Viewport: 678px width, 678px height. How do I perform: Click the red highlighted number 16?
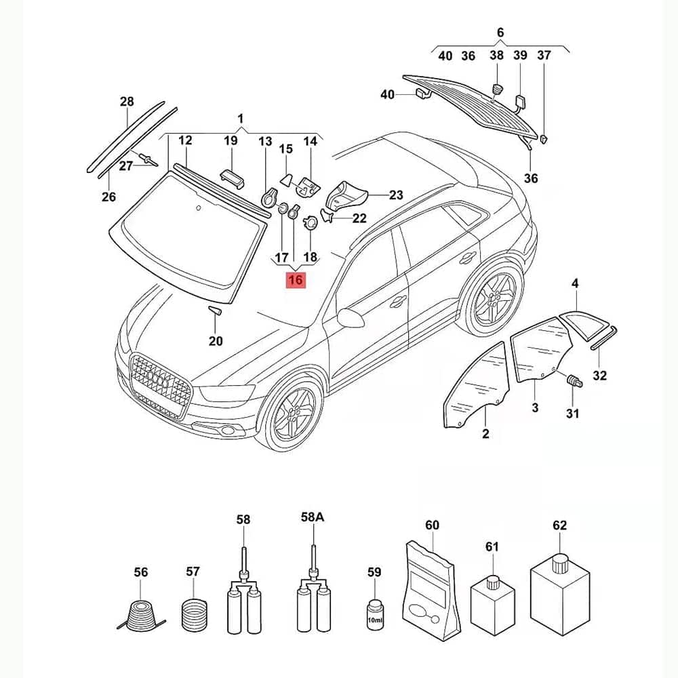click(x=296, y=280)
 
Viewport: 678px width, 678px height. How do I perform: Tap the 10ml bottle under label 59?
click(x=374, y=614)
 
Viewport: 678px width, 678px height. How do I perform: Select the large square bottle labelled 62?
click(x=560, y=594)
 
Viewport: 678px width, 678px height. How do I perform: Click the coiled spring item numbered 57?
click(x=194, y=614)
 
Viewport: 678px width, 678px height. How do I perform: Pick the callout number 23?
click(x=396, y=195)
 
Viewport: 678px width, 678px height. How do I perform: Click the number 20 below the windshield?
click(x=216, y=341)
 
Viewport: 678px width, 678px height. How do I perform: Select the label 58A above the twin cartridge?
click(x=313, y=517)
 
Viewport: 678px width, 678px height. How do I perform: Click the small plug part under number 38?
click(x=497, y=90)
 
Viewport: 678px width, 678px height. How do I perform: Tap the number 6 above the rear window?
click(x=500, y=33)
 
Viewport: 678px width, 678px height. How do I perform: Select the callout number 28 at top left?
click(x=127, y=102)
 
